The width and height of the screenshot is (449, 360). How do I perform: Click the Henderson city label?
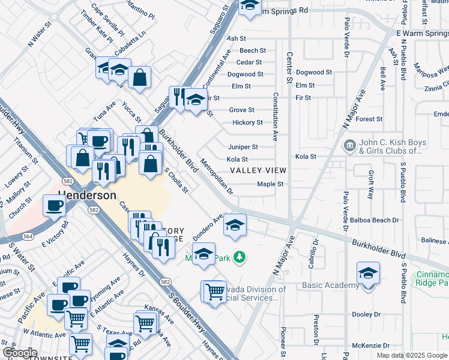click(88, 196)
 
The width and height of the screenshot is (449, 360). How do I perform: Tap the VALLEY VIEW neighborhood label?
click(258, 171)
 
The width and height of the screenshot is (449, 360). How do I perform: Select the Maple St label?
click(270, 184)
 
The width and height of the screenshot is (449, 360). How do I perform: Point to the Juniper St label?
click(243, 147)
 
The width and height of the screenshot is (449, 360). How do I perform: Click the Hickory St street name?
click(247, 122)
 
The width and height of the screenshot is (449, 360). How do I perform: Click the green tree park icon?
click(240, 257)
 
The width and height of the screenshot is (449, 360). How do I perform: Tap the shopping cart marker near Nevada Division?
click(214, 292)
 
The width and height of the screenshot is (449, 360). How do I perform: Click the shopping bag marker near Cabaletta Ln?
click(139, 77)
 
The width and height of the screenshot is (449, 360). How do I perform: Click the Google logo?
click(20, 353)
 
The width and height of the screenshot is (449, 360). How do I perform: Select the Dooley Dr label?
click(366, 314)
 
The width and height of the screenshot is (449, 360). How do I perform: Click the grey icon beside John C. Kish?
click(349, 145)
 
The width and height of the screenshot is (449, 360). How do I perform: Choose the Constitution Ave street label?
click(276, 117)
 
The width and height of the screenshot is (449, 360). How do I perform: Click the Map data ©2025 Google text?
click(411, 355)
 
